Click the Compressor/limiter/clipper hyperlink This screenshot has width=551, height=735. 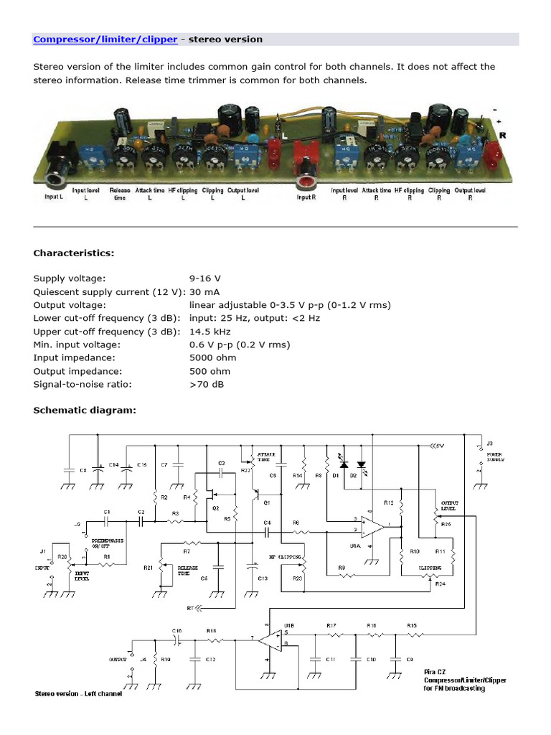click(x=105, y=39)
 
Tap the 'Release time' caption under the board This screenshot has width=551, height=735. click(x=120, y=194)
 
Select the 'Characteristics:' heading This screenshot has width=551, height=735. click(x=73, y=253)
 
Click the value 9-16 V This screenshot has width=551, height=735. click(x=205, y=278)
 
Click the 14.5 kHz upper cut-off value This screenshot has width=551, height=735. click(x=209, y=332)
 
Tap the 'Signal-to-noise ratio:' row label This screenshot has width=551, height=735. click(x=83, y=384)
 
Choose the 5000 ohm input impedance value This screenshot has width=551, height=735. click(x=210, y=357)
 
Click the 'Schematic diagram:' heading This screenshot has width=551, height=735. click(x=85, y=411)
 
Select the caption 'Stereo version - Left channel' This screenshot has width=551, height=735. click(x=79, y=694)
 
